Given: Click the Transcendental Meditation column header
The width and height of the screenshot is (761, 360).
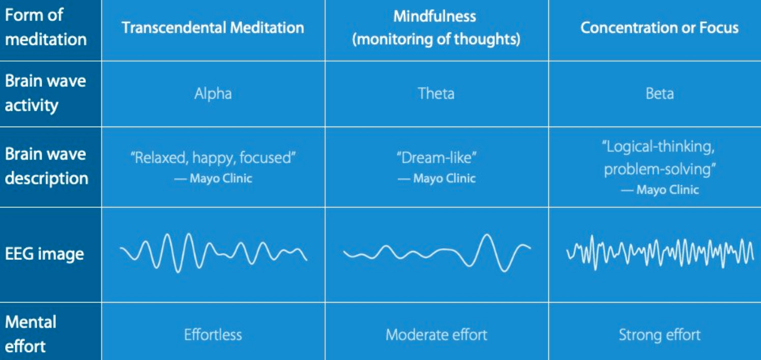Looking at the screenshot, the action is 213,27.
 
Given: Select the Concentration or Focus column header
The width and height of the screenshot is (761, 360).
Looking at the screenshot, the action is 659,27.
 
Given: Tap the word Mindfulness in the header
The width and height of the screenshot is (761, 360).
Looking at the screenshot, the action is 435,16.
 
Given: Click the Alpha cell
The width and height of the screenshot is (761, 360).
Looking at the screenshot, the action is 213,94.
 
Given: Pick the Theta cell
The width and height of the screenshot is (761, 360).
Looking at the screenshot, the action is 436,94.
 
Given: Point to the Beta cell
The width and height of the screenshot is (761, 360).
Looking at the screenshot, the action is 659,94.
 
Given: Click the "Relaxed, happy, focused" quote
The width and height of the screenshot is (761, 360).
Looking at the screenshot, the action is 213,158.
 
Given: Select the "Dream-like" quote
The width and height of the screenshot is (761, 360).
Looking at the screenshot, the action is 436,158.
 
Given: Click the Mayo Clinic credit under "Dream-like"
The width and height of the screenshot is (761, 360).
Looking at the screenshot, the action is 436,178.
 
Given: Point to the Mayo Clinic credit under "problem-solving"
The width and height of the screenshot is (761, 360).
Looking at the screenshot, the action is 660,190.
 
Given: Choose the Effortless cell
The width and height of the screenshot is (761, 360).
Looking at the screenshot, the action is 213,335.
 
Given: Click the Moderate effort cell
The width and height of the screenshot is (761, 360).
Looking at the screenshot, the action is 436,335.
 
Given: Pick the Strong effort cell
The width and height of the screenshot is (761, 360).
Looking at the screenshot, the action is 659,335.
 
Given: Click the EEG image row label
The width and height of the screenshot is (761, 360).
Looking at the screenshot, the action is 44,254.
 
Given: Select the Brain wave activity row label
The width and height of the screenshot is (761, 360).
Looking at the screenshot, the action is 45,93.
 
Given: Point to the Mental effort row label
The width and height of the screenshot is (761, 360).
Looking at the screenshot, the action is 31,334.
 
